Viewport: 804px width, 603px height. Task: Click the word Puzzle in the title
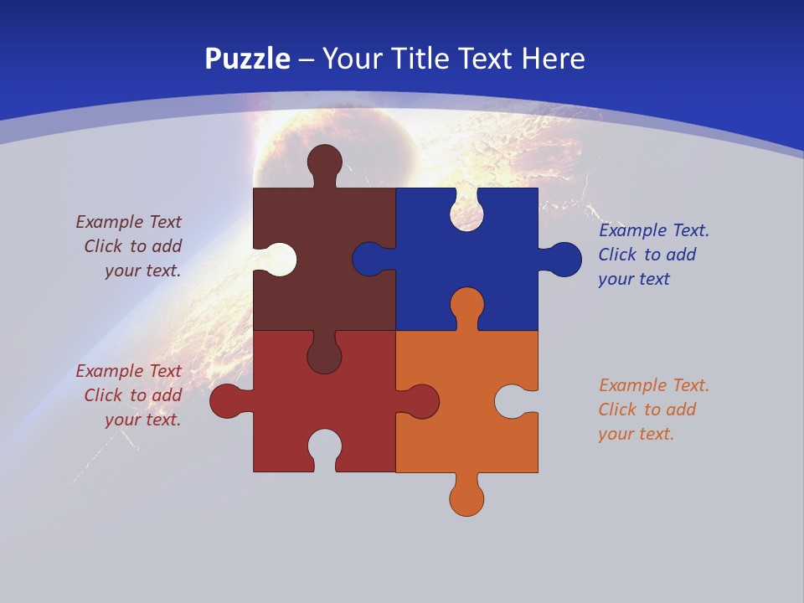click(x=248, y=59)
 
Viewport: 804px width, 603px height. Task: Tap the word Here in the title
click(x=553, y=59)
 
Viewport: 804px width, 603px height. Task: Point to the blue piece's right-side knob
click(x=564, y=260)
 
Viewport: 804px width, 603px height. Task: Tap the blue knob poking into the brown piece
click(x=368, y=260)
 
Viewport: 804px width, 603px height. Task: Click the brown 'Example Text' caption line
click(x=129, y=222)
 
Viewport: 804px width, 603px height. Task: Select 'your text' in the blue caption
click(x=634, y=279)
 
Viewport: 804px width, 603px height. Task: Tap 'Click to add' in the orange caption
click(x=647, y=410)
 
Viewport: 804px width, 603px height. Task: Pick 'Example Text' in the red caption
click(x=129, y=371)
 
